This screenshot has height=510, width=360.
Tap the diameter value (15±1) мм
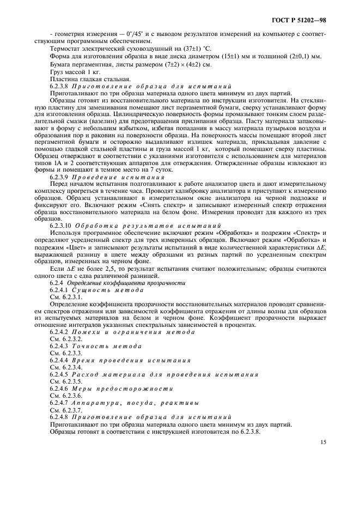tap(239, 56)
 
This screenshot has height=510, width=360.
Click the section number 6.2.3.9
tap(62, 178)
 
